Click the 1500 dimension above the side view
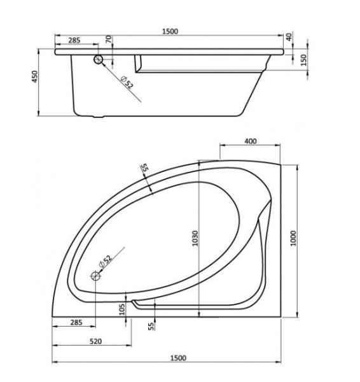(169, 31)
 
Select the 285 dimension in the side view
(74, 40)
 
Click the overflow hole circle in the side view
(99, 59)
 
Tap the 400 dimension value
(250, 141)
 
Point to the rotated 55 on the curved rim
(144, 168)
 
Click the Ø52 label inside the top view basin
(105, 262)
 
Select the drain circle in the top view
(96, 276)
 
